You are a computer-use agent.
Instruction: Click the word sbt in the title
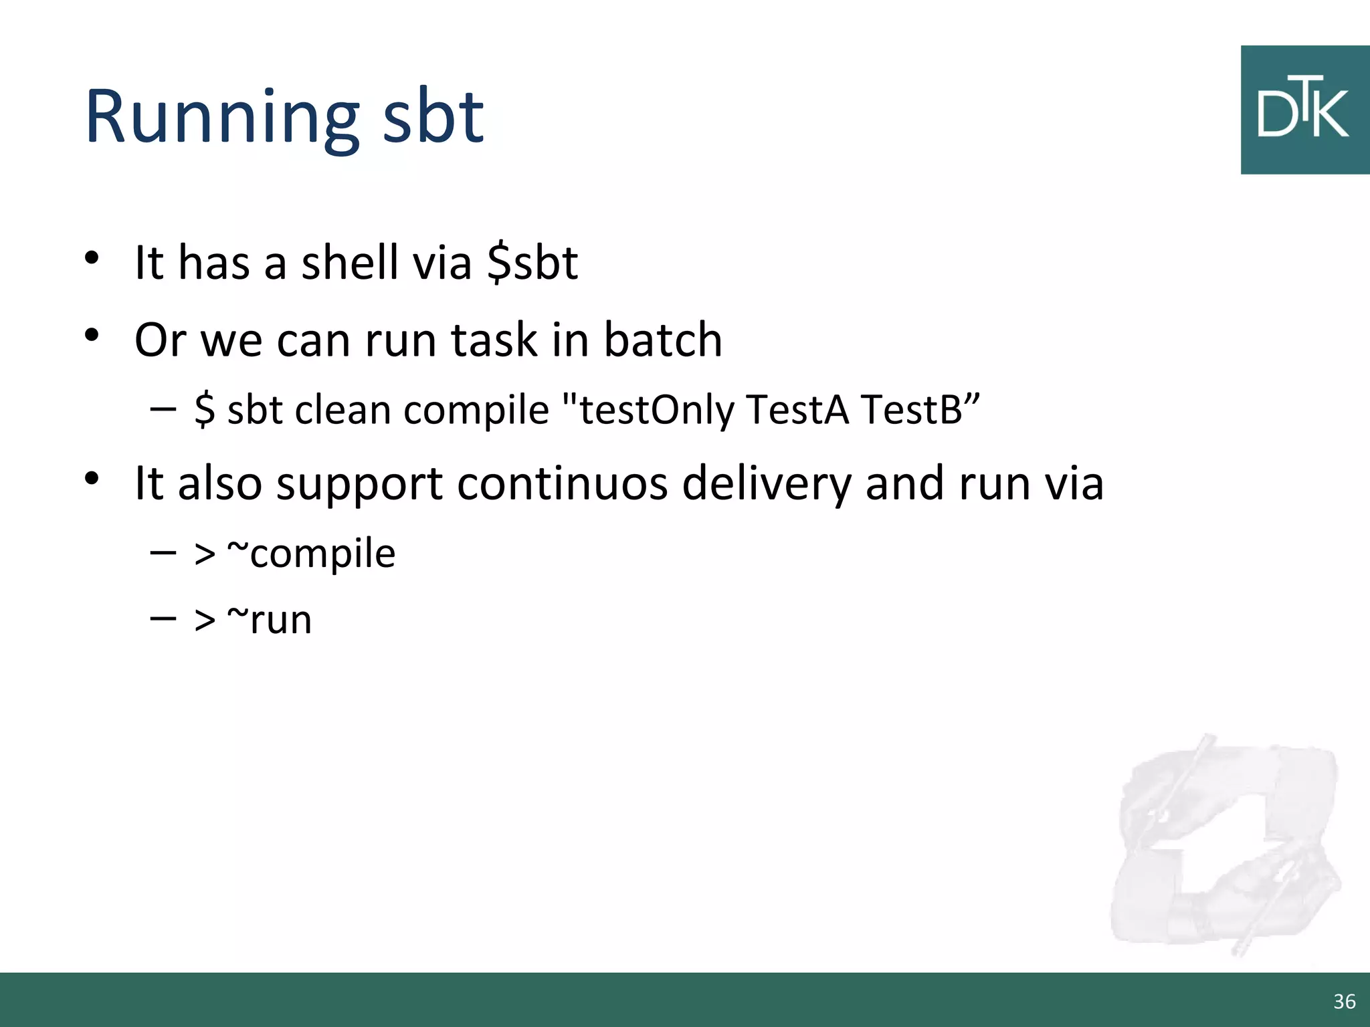coord(433,118)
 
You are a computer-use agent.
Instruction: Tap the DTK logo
coord(1304,110)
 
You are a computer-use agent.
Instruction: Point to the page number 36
coord(1344,1001)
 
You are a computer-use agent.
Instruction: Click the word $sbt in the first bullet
coord(532,263)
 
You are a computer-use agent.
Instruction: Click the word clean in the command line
coord(342,409)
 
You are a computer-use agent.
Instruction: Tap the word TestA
coord(797,409)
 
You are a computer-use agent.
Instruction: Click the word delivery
coord(766,483)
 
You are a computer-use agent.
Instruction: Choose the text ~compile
coord(311,554)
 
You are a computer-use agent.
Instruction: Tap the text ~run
coord(269,620)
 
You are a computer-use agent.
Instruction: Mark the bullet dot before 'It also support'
coord(92,478)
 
